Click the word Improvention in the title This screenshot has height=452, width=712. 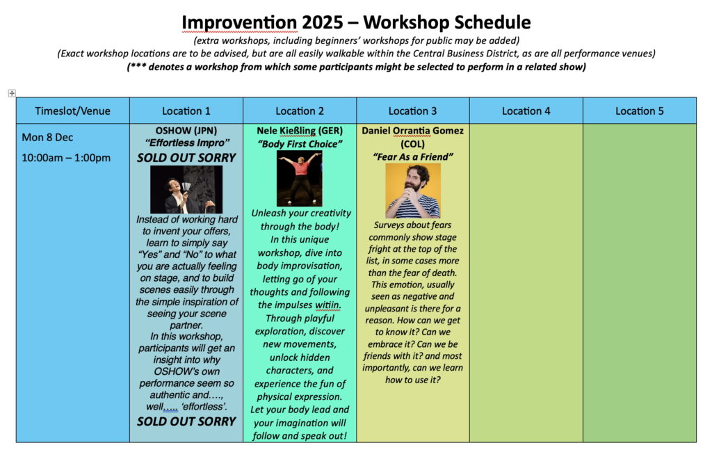(239, 22)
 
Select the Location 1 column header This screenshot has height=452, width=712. (186, 111)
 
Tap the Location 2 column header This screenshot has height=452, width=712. (300, 111)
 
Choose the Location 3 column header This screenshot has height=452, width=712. (412, 111)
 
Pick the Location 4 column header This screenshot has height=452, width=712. (526, 111)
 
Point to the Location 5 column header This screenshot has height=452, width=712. (640, 111)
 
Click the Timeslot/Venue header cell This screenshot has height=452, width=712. (72, 111)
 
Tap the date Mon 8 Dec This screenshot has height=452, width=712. (47, 137)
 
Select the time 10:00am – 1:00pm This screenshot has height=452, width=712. (66, 158)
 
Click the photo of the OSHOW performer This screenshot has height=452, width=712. (186, 189)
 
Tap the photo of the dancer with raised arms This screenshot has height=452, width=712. (300, 179)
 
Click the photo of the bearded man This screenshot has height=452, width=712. (413, 191)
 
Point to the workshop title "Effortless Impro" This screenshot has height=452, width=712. (186, 143)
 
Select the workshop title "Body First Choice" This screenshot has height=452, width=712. (300, 144)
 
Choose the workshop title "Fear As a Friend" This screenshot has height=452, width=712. (413, 156)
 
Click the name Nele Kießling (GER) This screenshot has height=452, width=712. (300, 131)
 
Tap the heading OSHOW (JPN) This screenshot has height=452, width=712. (186, 131)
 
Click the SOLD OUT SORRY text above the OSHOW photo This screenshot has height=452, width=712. (186, 158)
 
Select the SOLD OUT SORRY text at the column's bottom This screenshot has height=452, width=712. (186, 421)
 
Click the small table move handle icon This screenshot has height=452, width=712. (12, 93)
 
